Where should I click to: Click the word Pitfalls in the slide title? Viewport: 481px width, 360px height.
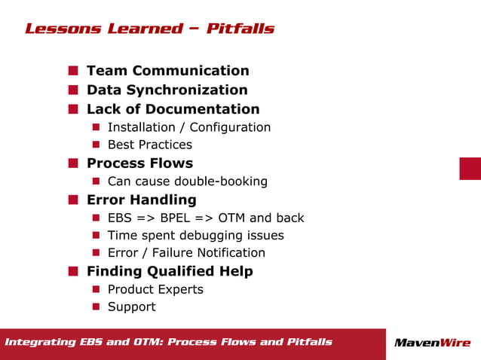click(x=240, y=29)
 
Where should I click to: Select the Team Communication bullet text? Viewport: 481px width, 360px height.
click(x=167, y=71)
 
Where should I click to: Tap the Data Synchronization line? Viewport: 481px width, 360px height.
click(x=167, y=90)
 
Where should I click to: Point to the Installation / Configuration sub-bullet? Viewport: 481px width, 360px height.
click(x=188, y=127)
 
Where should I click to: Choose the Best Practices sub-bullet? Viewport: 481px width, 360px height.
click(x=149, y=145)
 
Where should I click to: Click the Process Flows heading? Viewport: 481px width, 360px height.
click(x=139, y=163)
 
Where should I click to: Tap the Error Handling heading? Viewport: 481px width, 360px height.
click(x=141, y=200)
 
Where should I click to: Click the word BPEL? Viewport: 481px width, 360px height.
click(x=177, y=218)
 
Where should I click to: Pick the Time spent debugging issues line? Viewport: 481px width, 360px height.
click(x=195, y=235)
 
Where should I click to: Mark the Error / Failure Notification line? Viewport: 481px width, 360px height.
click(x=186, y=253)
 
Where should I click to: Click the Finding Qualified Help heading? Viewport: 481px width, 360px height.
click(x=170, y=271)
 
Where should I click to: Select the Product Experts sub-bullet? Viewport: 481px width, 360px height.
click(x=155, y=289)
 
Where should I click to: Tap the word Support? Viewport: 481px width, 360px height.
click(x=131, y=307)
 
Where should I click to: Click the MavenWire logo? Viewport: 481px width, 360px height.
click(x=432, y=343)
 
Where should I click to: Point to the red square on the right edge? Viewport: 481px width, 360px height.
click(x=470, y=169)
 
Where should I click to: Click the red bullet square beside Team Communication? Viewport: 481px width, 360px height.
click(x=73, y=71)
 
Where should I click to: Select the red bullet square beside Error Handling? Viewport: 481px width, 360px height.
click(x=73, y=200)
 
